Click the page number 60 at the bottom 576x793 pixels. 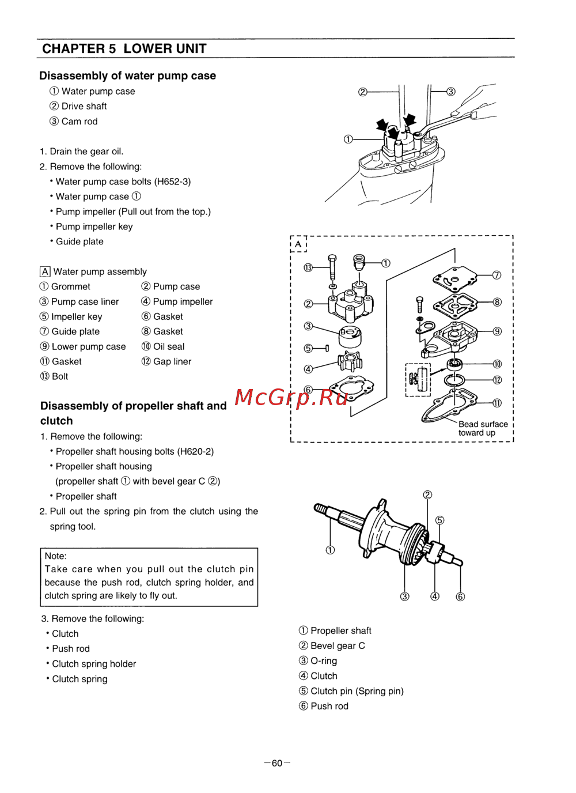tap(277, 763)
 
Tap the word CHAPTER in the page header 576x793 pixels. tap(74, 49)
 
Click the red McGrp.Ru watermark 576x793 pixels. tap(291, 398)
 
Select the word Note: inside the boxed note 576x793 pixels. tap(56, 556)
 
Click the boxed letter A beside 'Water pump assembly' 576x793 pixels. tap(45, 271)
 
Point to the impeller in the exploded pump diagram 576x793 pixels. tap(350, 361)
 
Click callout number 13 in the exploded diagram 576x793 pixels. tap(308, 267)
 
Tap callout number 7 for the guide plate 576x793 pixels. tap(497, 275)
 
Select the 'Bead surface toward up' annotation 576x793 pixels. tap(483, 428)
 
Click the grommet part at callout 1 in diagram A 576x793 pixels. tap(359, 262)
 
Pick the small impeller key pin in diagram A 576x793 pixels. tap(327, 348)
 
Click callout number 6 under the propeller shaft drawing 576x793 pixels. tap(460, 596)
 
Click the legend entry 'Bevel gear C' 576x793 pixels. tap(338, 646)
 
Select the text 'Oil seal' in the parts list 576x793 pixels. tap(169, 346)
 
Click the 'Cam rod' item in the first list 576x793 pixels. tap(79, 122)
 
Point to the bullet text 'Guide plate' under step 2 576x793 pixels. tap(79, 241)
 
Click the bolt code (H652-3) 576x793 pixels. tap(172, 182)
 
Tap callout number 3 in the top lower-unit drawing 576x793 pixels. tap(451, 92)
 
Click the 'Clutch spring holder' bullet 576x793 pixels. tap(94, 664)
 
